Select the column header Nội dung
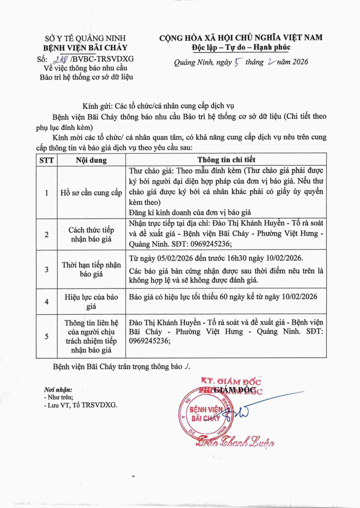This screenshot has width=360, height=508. (x=91, y=160)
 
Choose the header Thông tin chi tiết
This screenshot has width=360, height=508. (x=226, y=160)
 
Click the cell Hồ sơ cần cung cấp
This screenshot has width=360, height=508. (x=91, y=193)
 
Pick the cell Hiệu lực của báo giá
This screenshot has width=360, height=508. (x=91, y=301)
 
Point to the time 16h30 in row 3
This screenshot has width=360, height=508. (x=245, y=259)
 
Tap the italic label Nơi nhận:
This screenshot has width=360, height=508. (x=58, y=390)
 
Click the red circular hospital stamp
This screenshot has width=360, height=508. (x=205, y=414)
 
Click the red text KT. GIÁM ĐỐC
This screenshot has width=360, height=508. (x=231, y=382)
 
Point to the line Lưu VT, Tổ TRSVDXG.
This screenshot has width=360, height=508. (x=81, y=405)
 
